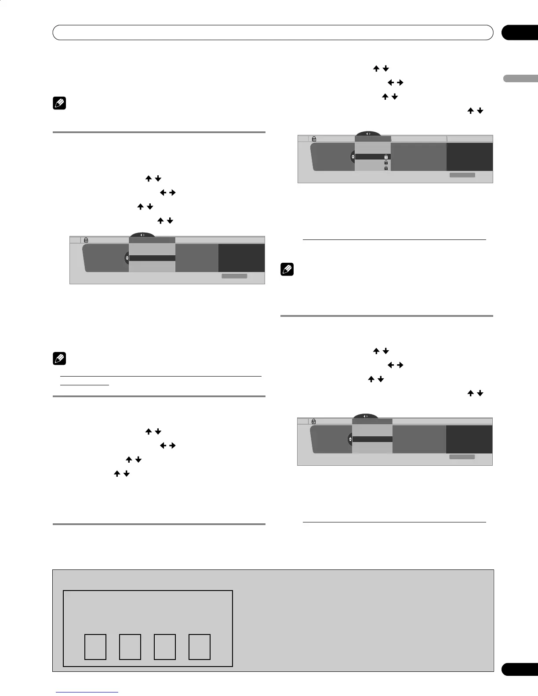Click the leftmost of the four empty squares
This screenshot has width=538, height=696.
(x=95, y=647)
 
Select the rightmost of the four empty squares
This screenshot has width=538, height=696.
(x=200, y=647)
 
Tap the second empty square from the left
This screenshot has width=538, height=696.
(x=130, y=647)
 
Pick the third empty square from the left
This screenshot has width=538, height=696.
(x=165, y=647)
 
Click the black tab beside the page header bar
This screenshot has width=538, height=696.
(x=519, y=33)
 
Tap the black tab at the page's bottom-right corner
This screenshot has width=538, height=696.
(x=519, y=681)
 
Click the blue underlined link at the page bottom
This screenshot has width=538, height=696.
(x=87, y=692)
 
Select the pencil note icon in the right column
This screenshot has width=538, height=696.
(x=287, y=269)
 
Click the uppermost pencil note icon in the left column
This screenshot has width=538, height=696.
(x=59, y=104)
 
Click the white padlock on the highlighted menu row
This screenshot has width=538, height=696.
(x=386, y=157)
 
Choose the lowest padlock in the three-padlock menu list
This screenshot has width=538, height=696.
(x=386, y=168)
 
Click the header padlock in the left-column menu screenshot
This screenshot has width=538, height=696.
(x=86, y=240)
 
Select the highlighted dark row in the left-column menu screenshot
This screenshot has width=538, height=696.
(x=152, y=258)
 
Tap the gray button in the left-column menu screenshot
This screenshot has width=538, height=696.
(x=234, y=276)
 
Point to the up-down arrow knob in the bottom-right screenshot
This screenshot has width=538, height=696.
(x=350, y=439)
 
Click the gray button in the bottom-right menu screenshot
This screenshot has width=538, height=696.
(x=462, y=457)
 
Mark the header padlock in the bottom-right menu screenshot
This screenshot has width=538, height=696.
(x=314, y=421)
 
